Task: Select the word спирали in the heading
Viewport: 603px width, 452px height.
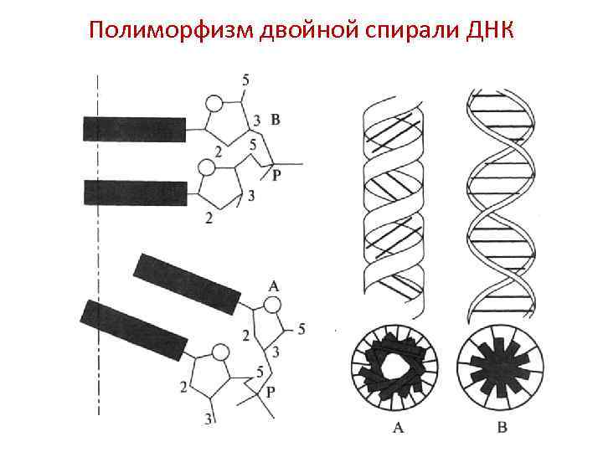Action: pos(398,32)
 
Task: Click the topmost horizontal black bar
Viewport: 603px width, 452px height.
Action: pos(134,129)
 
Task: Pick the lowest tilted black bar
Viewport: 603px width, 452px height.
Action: pos(132,329)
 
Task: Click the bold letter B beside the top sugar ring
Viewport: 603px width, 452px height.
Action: pos(276,121)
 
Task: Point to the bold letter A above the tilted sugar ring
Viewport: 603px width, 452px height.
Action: pos(273,285)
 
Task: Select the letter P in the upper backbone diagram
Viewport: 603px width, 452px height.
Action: pos(277,177)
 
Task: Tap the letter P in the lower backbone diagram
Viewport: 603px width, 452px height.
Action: pos(270,391)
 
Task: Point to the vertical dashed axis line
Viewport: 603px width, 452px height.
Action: pos(98,251)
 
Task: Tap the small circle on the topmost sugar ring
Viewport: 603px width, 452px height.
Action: pos(214,103)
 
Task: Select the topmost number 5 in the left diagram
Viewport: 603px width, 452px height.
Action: pos(245,80)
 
